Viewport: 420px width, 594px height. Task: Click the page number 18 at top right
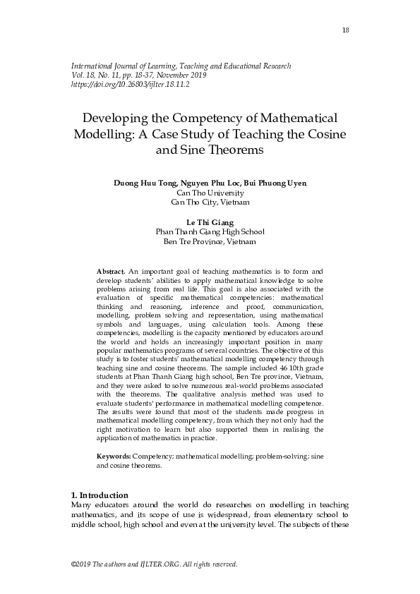[346, 30]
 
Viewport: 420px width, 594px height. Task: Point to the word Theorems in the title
[234, 150]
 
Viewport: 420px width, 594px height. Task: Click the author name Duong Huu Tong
[143, 183]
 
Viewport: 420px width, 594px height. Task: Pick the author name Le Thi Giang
[210, 222]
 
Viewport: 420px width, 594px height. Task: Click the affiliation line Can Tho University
[210, 192]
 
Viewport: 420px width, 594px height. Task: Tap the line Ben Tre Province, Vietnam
[210, 241]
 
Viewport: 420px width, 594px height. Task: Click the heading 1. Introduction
[100, 495]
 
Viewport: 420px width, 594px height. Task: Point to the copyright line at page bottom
[155, 564]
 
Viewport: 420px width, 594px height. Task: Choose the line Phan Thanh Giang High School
[210, 232]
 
